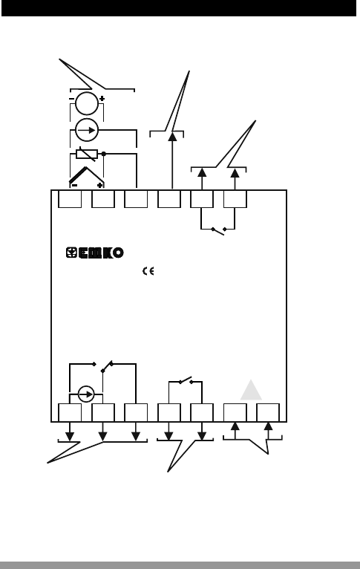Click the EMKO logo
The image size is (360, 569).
click(94, 253)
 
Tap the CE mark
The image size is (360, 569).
click(148, 271)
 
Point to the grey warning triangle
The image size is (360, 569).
click(251, 390)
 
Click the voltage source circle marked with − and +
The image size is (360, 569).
click(87, 103)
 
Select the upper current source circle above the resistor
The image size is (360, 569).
click(87, 130)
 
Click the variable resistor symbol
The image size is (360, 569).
click(87, 155)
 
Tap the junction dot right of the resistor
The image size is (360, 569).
click(104, 154)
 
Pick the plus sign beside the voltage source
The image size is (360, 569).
click(102, 98)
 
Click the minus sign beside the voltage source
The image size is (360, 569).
click(71, 98)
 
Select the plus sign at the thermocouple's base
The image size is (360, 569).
click(99, 185)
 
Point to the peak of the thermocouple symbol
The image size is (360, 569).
click(86, 167)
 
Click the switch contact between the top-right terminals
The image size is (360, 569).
click(219, 230)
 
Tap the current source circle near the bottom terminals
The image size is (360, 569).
click(86, 394)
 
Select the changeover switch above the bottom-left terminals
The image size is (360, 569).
click(102, 366)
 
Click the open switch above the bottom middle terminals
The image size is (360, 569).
click(186, 380)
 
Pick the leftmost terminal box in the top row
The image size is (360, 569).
click(70, 199)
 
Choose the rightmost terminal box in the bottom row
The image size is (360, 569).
click(268, 412)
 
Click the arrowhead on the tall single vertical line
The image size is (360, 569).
click(172, 137)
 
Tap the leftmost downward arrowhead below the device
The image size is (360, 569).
click(70, 436)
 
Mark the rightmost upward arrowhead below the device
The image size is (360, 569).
click(268, 426)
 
